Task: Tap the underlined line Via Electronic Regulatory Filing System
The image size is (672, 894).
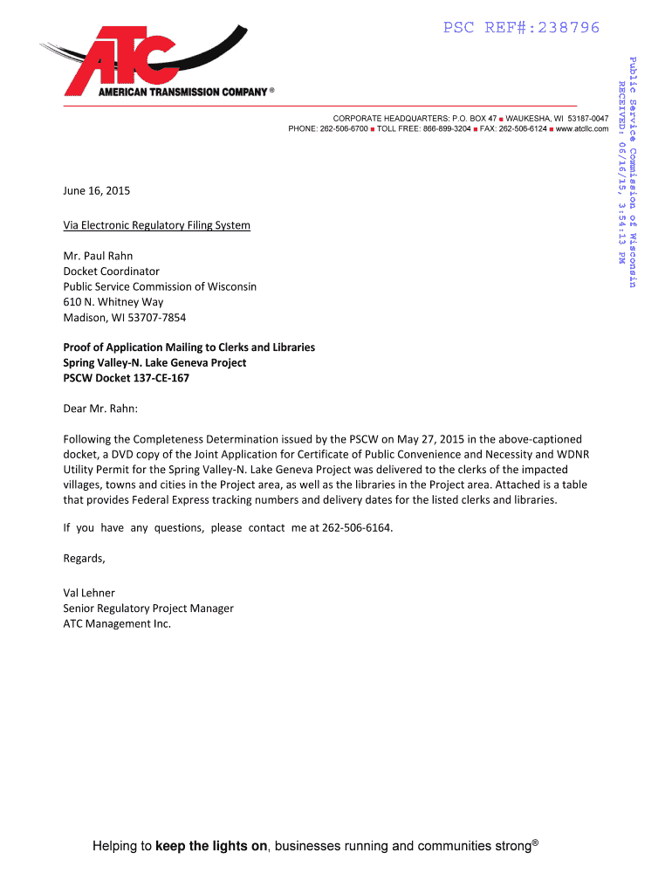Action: coord(156,225)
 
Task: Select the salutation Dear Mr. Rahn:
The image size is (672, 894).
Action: coord(100,408)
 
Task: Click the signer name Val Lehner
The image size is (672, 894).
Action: coord(89,593)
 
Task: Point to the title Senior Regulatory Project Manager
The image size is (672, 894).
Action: coord(148,609)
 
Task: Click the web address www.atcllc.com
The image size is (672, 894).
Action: coord(581,128)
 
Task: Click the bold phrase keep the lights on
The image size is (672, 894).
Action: coord(211,846)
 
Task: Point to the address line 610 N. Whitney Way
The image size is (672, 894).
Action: coord(113,302)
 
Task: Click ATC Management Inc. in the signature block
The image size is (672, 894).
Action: coord(117,624)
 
